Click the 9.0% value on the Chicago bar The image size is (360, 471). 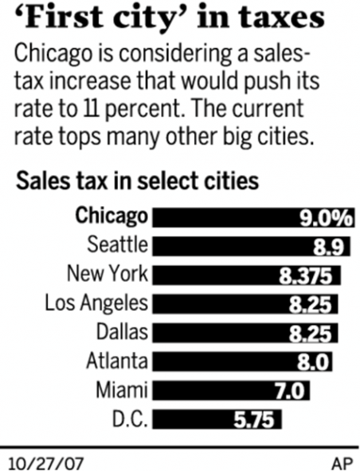tap(321, 218)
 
